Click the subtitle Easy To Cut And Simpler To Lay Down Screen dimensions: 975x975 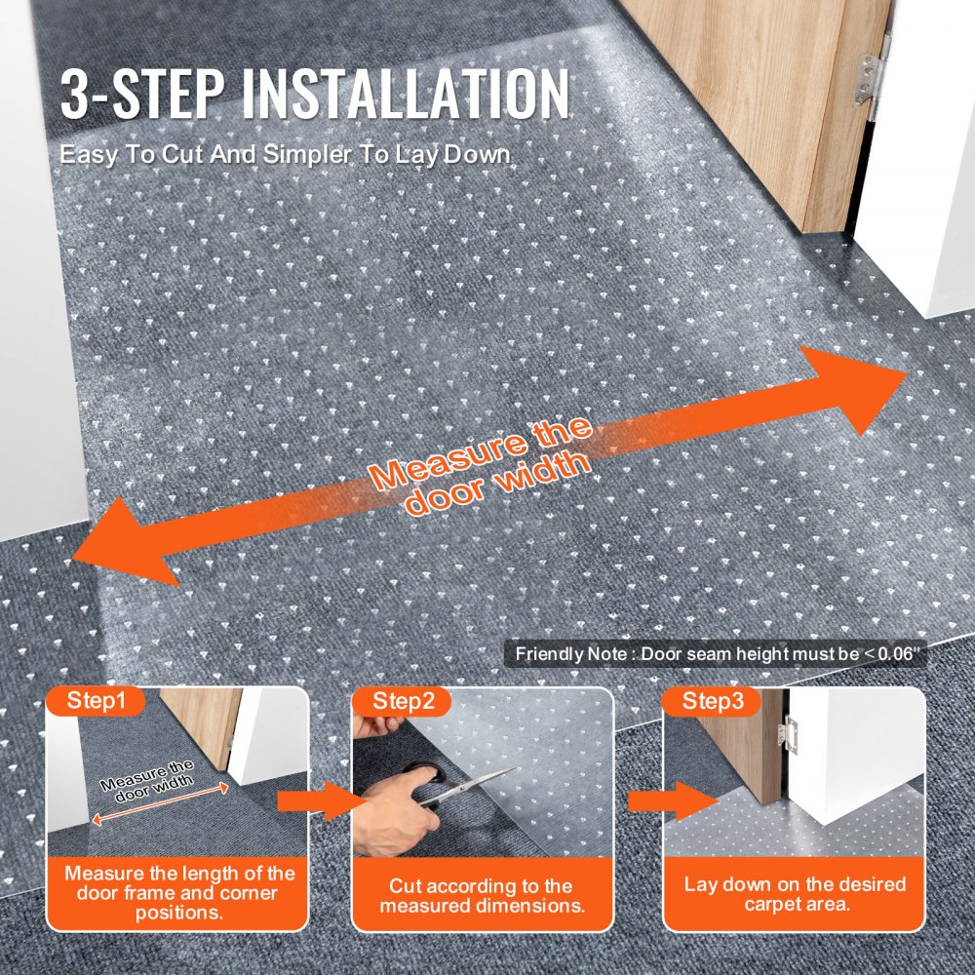[286, 155]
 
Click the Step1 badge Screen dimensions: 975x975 [97, 700]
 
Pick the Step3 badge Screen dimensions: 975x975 [712, 700]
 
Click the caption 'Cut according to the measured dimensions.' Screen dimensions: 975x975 [482, 895]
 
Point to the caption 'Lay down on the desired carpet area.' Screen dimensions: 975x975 [795, 894]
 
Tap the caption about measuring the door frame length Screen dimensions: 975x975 [179, 893]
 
